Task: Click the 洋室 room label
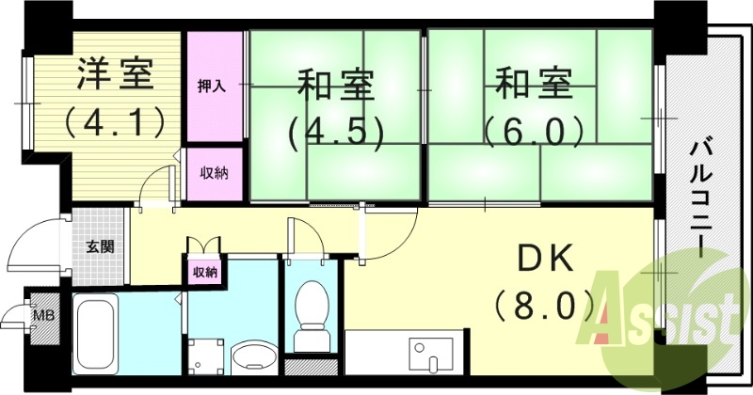pyautogui.click(x=115, y=76)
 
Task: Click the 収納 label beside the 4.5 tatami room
pyautogui.click(x=212, y=173)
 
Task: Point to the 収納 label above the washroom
pyautogui.click(x=205, y=272)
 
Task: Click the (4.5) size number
pyautogui.click(x=336, y=132)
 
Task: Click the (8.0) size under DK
pyautogui.click(x=543, y=305)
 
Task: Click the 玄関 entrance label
pyautogui.click(x=101, y=247)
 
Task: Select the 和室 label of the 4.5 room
pyautogui.click(x=336, y=86)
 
